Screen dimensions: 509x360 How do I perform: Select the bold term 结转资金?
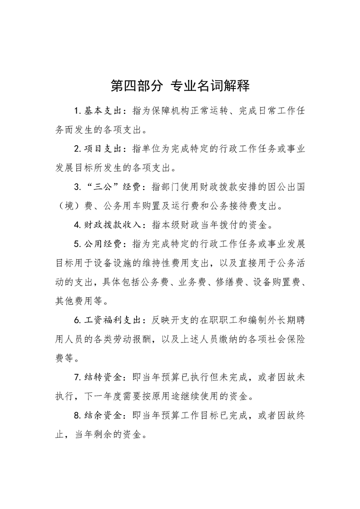coord(104,376)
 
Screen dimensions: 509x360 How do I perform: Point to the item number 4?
coord(76,225)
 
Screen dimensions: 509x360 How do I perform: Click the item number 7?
coord(76,377)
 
